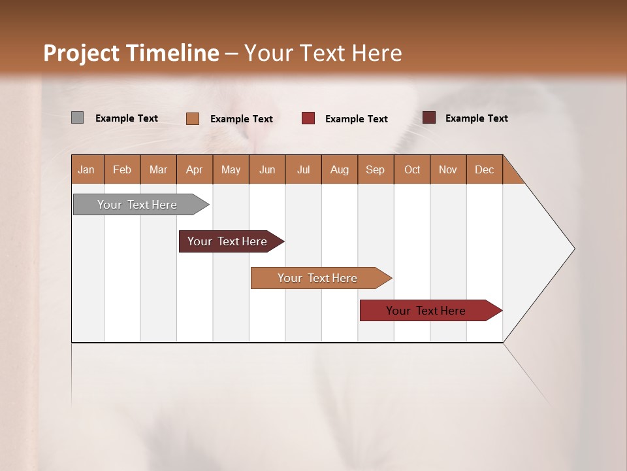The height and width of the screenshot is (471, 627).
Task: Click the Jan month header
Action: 87,169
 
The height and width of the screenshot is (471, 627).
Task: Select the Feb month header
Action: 122,169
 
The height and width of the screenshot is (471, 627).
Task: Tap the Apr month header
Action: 195,169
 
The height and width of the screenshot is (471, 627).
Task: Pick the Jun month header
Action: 267,169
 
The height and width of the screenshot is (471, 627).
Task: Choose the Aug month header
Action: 340,169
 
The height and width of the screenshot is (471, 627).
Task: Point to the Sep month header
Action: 376,169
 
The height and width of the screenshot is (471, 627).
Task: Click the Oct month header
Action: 412,169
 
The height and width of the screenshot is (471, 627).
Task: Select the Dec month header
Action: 485,169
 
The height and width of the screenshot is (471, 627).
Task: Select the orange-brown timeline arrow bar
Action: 318,278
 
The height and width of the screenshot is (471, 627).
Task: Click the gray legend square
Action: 78,118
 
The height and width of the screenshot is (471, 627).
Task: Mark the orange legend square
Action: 193,118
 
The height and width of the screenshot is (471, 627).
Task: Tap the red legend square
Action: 308,118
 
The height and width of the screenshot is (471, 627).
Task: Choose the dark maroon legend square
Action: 429,118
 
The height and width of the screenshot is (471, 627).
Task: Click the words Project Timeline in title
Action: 131,53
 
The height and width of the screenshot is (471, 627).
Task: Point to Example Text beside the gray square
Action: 127,118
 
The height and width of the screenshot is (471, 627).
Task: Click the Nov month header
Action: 448,169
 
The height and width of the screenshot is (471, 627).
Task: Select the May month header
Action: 231,169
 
